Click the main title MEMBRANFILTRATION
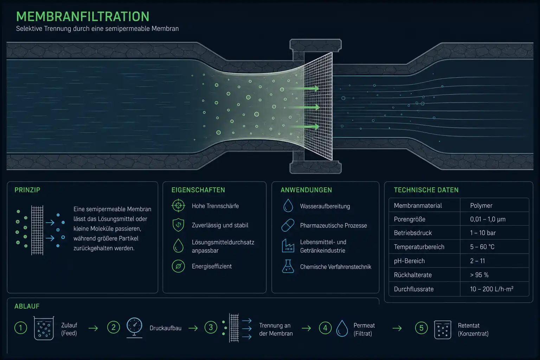coord(83,17)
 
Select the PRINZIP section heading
coord(27,190)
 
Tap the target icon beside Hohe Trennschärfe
coord(178,205)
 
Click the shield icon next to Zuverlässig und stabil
coord(178,225)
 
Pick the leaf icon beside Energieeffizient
coord(178,266)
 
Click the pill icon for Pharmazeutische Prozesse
coord(288,225)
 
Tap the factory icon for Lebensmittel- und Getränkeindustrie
coord(288,246)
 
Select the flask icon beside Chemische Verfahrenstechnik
coord(288,266)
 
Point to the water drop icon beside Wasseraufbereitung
coord(288,205)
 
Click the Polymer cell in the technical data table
coord(481,205)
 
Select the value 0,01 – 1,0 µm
coord(488,219)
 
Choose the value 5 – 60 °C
coord(482,247)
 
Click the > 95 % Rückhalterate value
coord(479,275)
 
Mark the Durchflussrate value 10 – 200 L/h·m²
coord(491,289)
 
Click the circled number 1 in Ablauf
coord(21,328)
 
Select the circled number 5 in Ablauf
coord(421,328)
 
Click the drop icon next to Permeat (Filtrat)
coord(342,328)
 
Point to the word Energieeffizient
coord(212,266)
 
